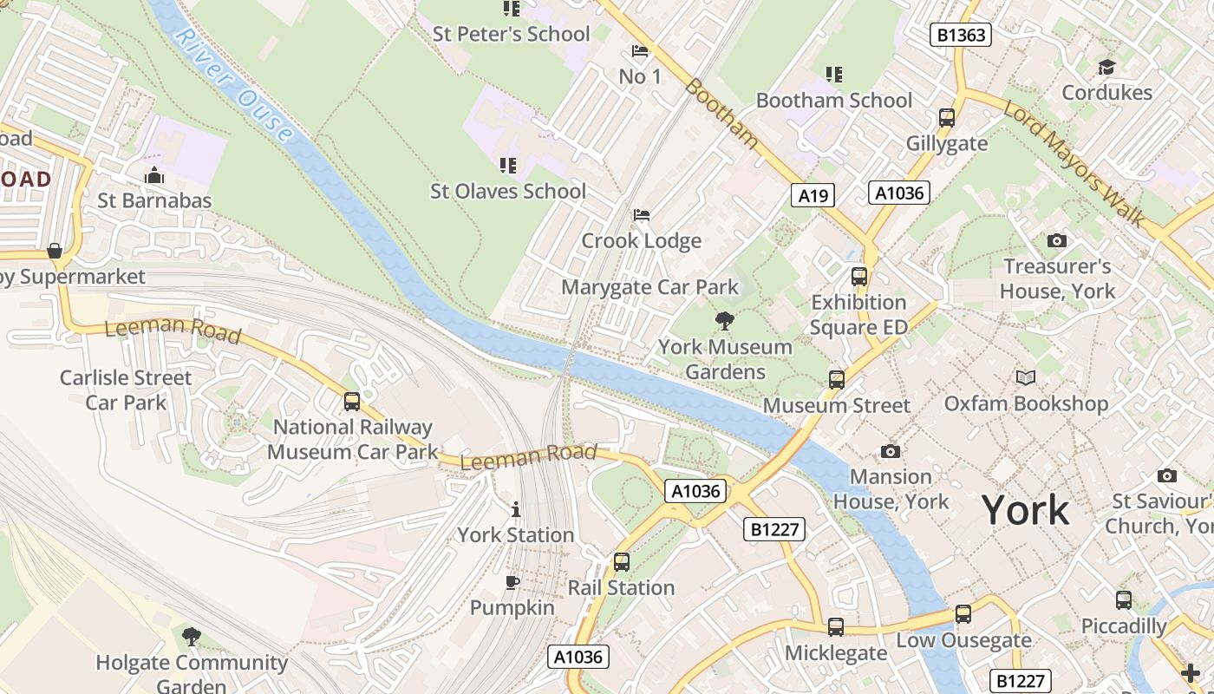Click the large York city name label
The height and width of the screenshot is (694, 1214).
[x=1026, y=510]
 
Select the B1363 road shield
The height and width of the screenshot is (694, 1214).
[x=960, y=35]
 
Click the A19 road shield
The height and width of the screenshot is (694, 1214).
[x=813, y=195]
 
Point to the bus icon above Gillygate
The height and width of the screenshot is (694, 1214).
[x=947, y=118]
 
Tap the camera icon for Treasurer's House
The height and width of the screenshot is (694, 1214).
[x=1056, y=240]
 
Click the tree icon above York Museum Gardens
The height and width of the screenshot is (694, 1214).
[x=724, y=321]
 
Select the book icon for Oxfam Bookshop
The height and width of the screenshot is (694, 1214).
[x=1026, y=377]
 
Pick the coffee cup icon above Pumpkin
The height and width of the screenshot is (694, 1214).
[x=512, y=581]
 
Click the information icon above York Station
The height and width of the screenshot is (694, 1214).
[x=516, y=509]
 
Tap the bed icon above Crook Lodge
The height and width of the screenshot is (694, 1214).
[x=641, y=214]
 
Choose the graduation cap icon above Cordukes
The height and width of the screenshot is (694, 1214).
[x=1106, y=67]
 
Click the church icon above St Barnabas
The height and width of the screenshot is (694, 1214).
[x=154, y=175]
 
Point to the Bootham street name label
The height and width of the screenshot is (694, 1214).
[x=721, y=114]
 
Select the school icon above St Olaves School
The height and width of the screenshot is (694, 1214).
[x=508, y=165]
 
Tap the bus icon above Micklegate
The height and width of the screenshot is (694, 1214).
[x=836, y=626]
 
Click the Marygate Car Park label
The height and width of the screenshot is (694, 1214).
[x=649, y=287]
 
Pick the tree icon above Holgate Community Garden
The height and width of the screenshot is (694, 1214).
[x=192, y=637]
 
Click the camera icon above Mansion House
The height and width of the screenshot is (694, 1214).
[x=890, y=451]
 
